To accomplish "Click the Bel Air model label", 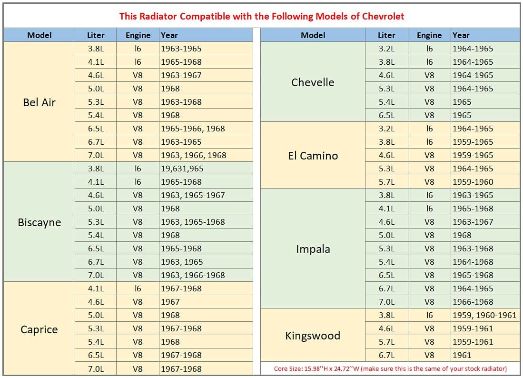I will coord(39,102).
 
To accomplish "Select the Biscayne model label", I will coord(39,222).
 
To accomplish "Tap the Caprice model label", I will coord(39,329).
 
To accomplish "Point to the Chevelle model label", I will coord(313,82).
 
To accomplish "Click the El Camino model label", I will coord(313,155).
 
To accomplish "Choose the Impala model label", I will coord(313,249).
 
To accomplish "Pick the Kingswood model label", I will coord(313,335).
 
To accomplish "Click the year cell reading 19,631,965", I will coord(182,169).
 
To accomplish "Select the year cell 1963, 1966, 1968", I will coord(194,155).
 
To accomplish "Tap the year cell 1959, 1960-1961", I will coord(484,315).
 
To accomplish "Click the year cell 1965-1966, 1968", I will coord(193,129).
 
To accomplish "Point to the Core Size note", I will coord(390,368).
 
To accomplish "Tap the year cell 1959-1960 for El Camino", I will coord(473,182).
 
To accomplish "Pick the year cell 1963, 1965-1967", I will coord(193,195).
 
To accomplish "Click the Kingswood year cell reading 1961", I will coord(462,355).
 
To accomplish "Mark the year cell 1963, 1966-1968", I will coord(193,275).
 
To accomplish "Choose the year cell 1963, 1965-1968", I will coord(193,222).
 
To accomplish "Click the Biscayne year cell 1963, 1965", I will coord(182,262).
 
